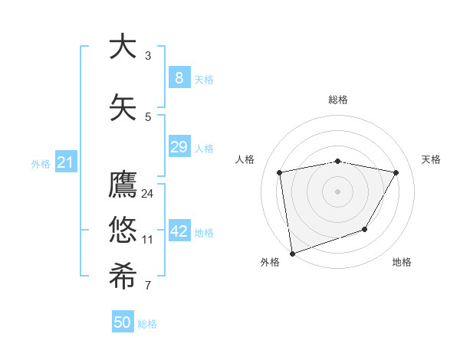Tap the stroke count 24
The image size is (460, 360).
pos(148,194)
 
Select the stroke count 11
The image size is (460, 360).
pos(148,240)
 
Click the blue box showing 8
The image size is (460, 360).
pos(179,77)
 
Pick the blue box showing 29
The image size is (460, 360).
pos(179,147)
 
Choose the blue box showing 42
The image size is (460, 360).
pos(179,231)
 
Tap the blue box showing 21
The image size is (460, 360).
pos(65,162)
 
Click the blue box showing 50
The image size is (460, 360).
pos(123,322)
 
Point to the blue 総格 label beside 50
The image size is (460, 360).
pos(147,324)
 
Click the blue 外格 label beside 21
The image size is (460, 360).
pos(41,163)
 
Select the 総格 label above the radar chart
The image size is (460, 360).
pos(338,100)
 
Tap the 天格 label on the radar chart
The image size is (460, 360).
pos(432,159)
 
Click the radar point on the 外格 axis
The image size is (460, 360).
pos(292,253)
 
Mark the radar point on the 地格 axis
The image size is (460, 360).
pos(365,229)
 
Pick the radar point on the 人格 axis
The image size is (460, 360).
pos(280,172)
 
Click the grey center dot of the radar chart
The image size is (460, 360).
pos(337,191)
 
